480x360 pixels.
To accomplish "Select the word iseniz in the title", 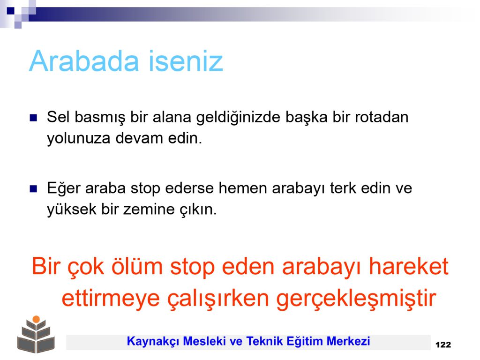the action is tap(186, 61).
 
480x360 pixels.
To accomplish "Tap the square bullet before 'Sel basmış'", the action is tap(33, 118).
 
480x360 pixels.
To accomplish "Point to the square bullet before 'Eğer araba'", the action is tap(33, 188).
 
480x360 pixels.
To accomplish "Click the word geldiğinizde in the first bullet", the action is tap(238, 118).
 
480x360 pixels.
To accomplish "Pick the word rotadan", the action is tap(382, 117).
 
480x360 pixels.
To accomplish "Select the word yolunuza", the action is tap(79, 138).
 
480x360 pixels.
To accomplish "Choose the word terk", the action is tap(343, 188).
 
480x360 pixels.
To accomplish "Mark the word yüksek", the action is tap(72, 210).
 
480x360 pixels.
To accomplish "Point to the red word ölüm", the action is tap(136, 266).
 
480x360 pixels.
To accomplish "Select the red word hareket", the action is tap(409, 266).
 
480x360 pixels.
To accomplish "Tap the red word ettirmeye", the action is tap(111, 298).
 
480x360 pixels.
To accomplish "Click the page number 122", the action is tap(443, 345).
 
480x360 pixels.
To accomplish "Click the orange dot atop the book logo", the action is tap(36, 319).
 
